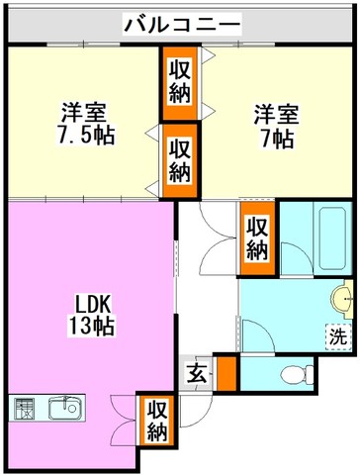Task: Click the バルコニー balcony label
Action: click(182, 24)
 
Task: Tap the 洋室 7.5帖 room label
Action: click(85, 124)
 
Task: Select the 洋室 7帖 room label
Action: click(276, 127)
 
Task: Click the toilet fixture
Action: click(298, 374)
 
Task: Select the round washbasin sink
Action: click(342, 299)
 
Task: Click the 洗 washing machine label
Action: click(338, 337)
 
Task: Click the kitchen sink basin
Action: click(65, 408)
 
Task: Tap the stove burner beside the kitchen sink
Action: click(25, 409)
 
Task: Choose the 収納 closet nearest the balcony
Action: click(180, 83)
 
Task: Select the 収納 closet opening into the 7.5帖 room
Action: click(180, 160)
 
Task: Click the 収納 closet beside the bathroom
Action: click(257, 238)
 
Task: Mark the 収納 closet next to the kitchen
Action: click(157, 420)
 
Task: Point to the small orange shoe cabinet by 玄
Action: click(226, 373)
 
